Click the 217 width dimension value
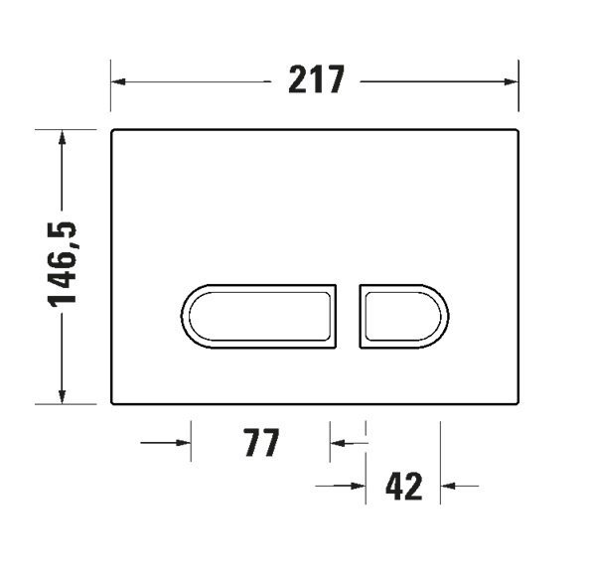click(x=316, y=79)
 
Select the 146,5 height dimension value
click(x=63, y=264)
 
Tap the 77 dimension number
click(x=261, y=443)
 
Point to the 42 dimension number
click(x=403, y=487)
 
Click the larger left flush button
click(x=258, y=316)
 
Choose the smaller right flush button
click(x=404, y=316)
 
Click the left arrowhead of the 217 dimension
click(x=118, y=81)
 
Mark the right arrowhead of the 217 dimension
click(x=512, y=81)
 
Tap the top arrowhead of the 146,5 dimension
click(x=63, y=138)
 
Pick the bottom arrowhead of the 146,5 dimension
click(x=63, y=396)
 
